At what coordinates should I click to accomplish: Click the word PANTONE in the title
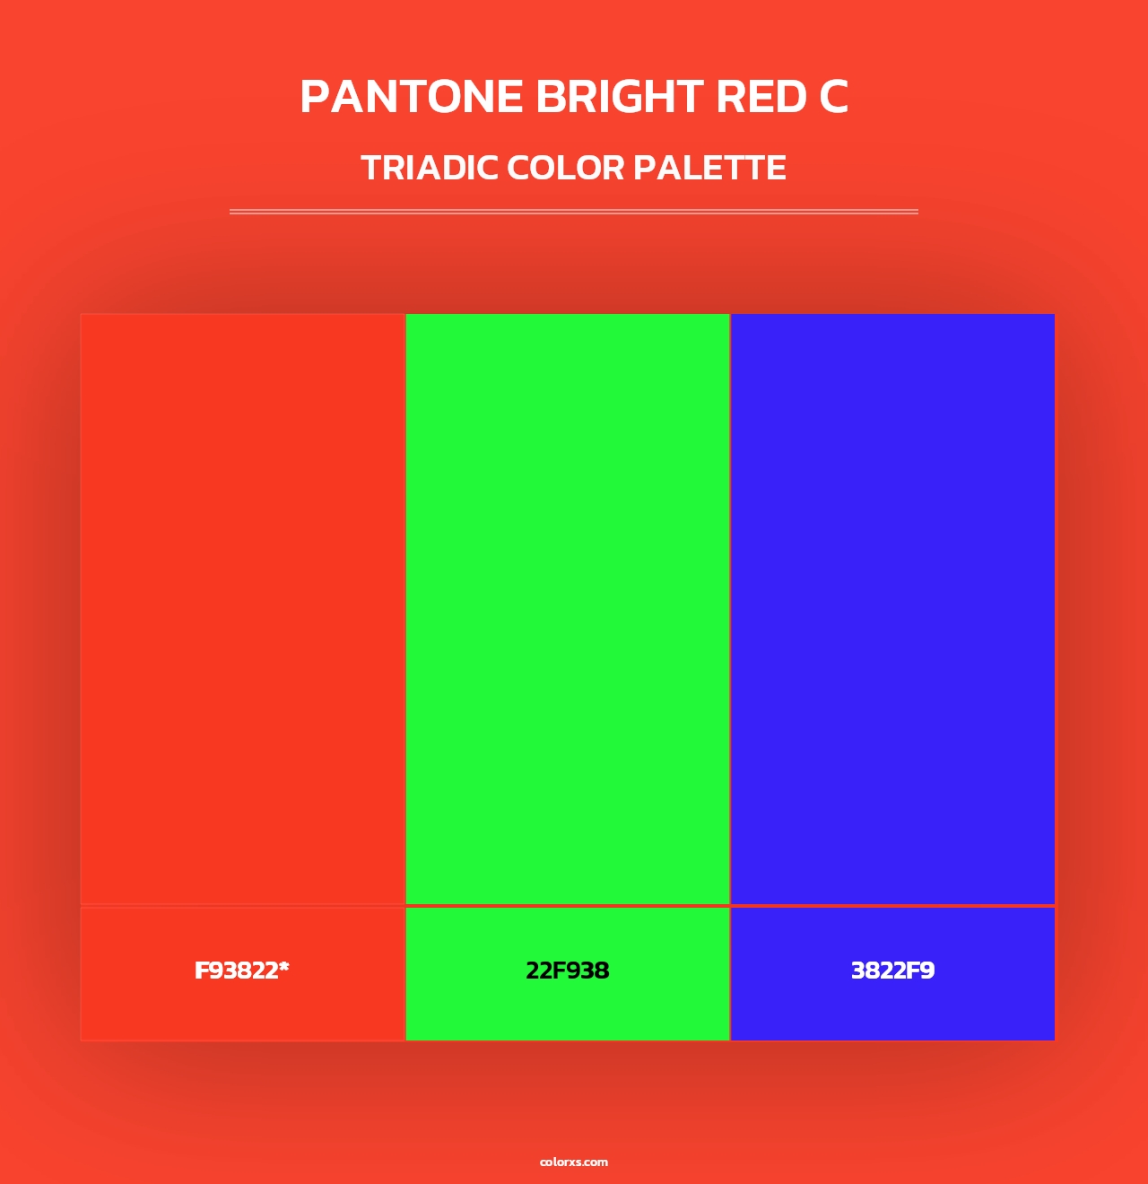click(412, 97)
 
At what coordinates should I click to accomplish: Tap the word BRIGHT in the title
click(619, 97)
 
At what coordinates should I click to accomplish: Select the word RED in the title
click(761, 97)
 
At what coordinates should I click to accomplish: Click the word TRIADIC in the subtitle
click(430, 168)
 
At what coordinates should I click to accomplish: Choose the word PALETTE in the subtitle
click(709, 168)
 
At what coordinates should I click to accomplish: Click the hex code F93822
click(237, 971)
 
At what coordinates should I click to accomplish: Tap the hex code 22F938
click(567, 971)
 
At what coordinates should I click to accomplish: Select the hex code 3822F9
click(892, 971)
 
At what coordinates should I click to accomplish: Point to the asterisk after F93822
click(284, 967)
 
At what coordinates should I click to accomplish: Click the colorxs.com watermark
click(574, 1162)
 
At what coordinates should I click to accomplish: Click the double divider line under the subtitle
click(574, 212)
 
